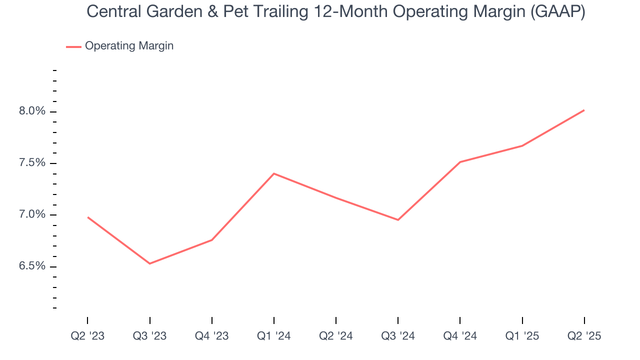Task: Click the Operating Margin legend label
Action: [x=129, y=46]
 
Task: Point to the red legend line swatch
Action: [x=73, y=47]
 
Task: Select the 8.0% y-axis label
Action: [x=32, y=111]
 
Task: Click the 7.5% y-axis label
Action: [x=32, y=163]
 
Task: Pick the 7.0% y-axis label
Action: [x=32, y=215]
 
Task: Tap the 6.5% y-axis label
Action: [x=32, y=266]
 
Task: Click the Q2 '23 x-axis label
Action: [x=87, y=336]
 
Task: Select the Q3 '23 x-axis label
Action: [x=149, y=336]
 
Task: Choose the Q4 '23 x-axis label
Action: [x=212, y=336]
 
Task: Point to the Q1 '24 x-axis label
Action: [x=274, y=336]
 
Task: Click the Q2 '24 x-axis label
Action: [x=336, y=336]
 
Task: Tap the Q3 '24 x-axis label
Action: [x=398, y=336]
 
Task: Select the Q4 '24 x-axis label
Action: [x=460, y=336]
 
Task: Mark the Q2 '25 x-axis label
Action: [x=584, y=336]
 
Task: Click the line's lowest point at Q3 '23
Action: [x=150, y=263]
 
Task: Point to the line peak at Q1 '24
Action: [x=274, y=173]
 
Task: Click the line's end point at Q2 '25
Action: [x=584, y=110]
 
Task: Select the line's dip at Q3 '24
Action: [x=398, y=220]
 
